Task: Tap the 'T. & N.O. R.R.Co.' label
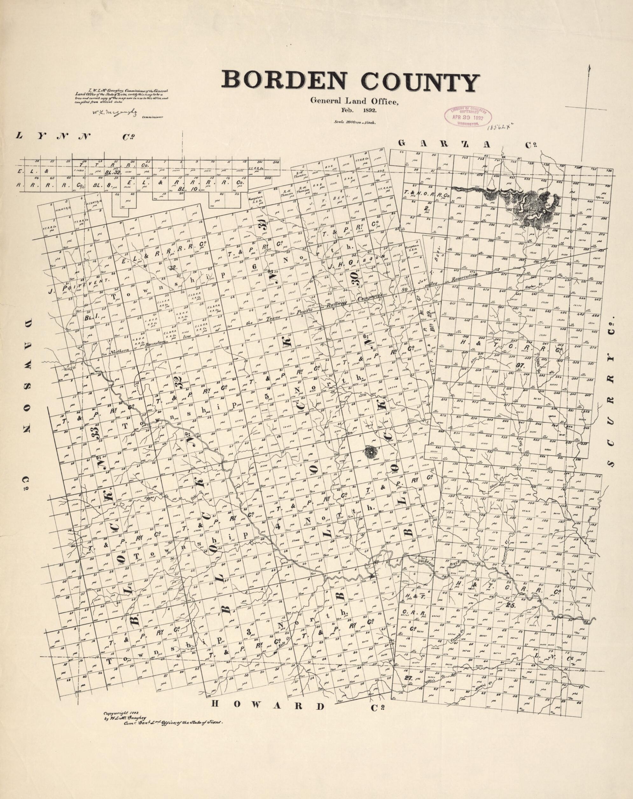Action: click(427, 195)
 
